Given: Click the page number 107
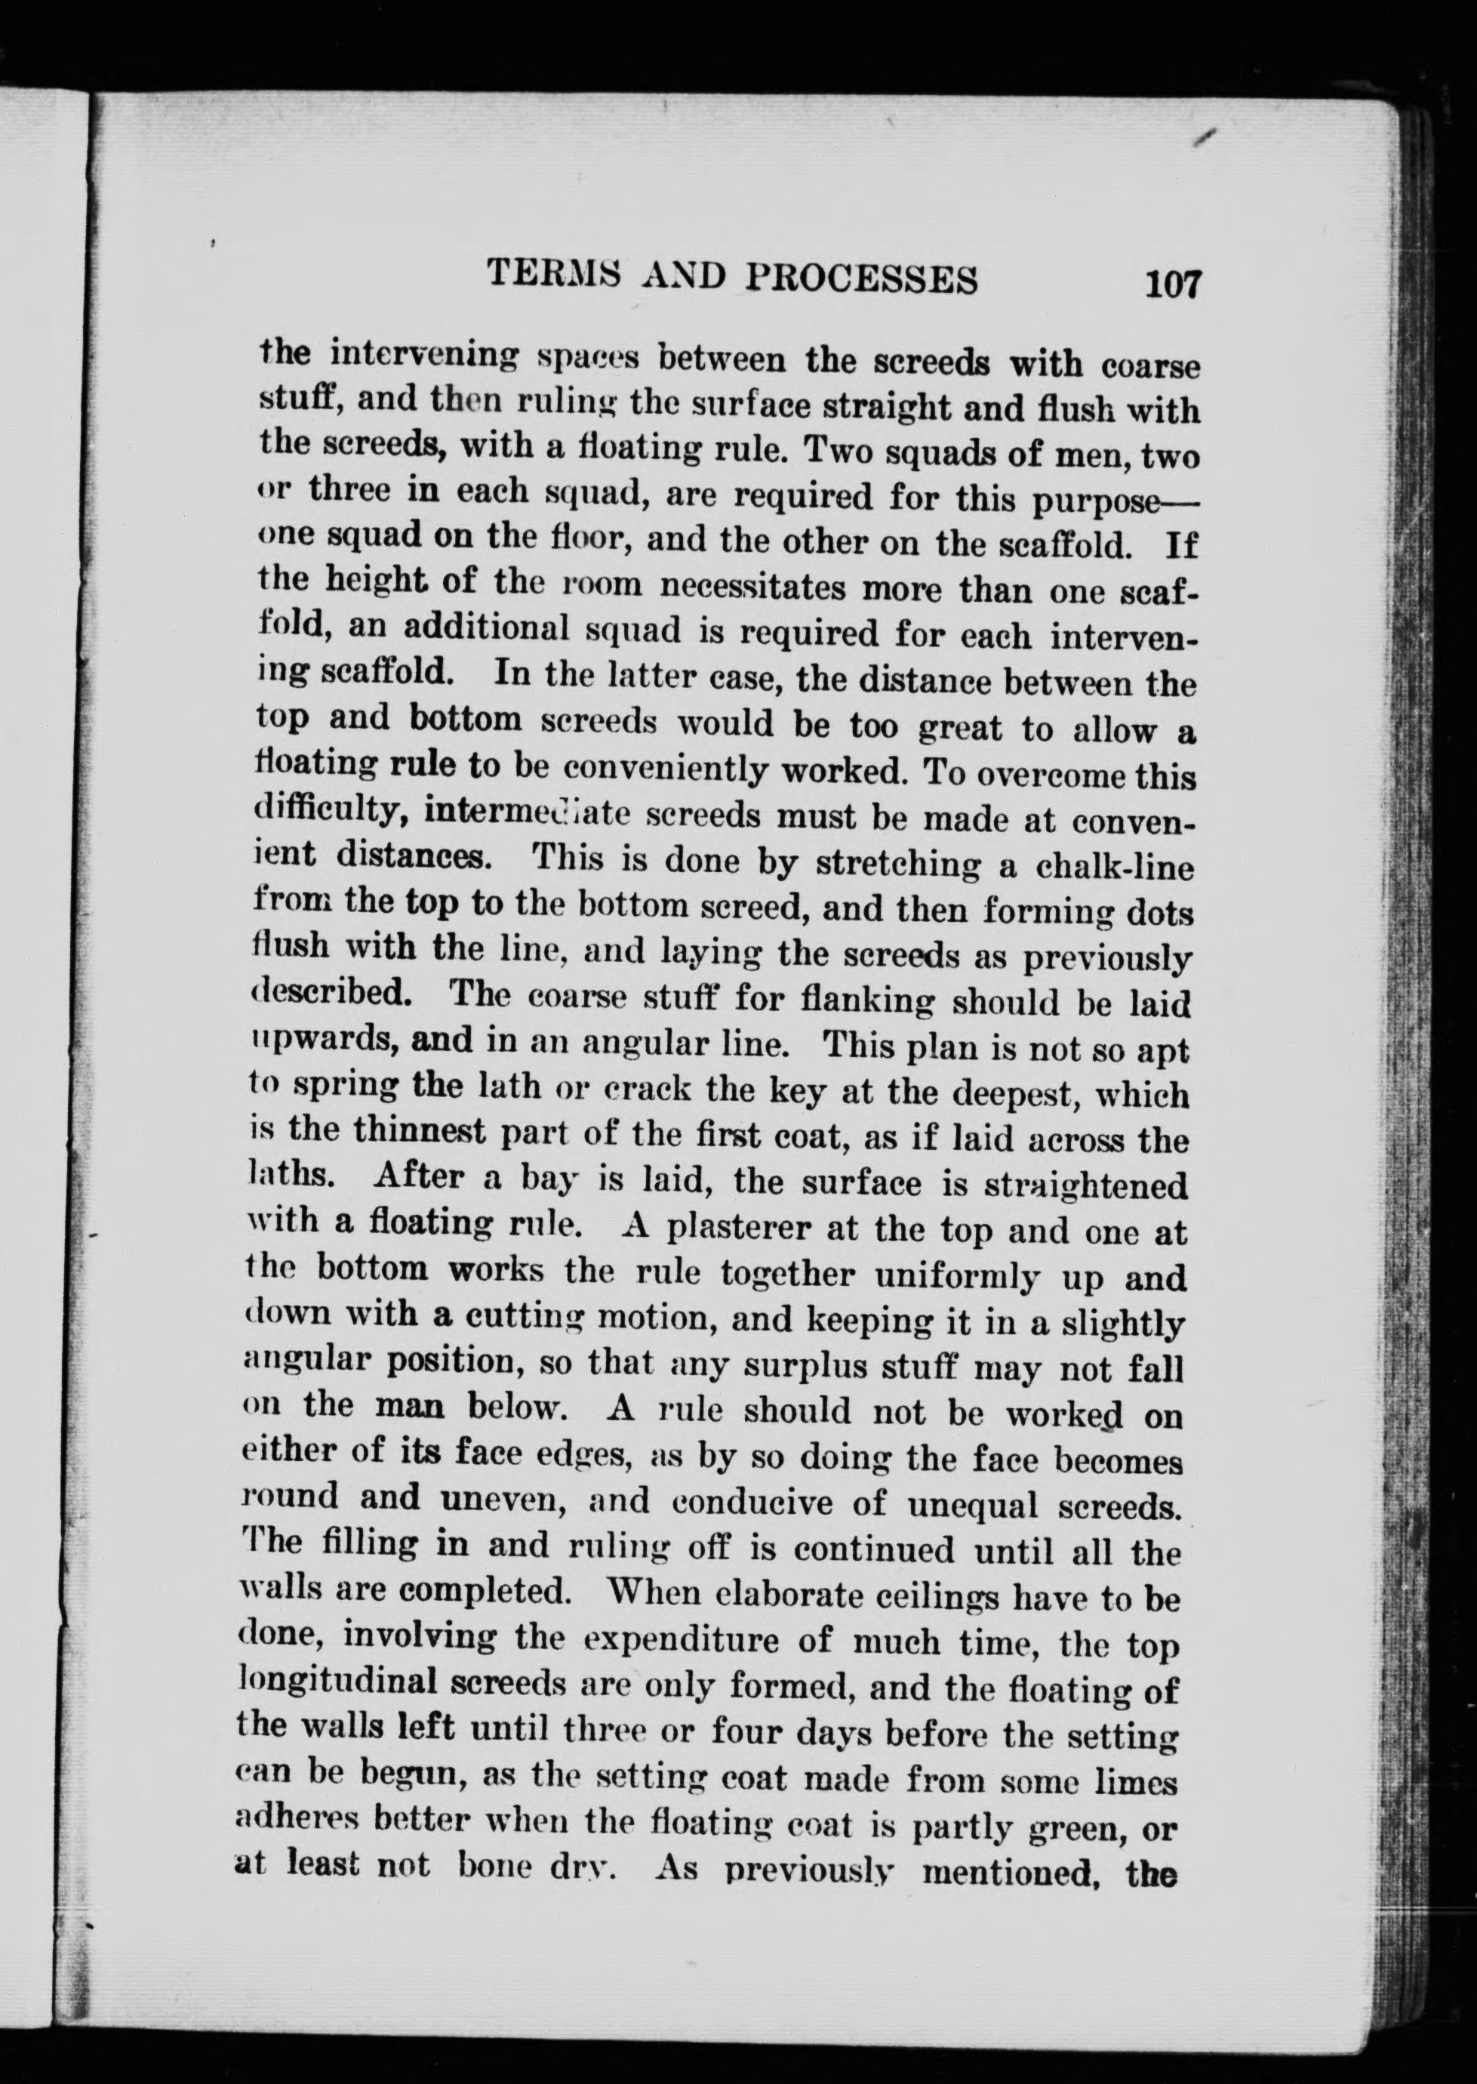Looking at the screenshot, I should (x=1174, y=283).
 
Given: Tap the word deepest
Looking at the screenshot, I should (x=1002, y=1090).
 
